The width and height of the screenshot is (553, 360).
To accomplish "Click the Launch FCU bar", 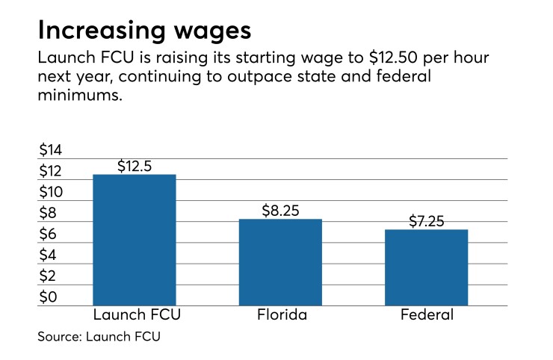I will [135, 240].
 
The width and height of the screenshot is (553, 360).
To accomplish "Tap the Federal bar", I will [427, 267].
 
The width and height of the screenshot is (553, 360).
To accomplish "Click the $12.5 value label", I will [135, 167].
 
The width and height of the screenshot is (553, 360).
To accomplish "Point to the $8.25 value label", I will [280, 211].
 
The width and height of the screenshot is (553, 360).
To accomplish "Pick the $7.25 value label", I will [427, 221].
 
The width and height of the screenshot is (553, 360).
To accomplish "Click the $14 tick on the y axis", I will [52, 149].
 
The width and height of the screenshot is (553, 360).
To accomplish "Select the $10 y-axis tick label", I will [52, 192].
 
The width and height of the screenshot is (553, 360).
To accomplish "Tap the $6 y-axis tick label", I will [49, 234].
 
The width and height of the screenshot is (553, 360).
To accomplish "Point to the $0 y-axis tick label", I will [49, 297].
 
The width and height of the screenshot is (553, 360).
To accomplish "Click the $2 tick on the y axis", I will [49, 276].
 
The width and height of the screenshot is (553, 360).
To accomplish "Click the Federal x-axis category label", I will [427, 315].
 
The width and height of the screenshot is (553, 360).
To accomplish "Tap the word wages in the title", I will [211, 32].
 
